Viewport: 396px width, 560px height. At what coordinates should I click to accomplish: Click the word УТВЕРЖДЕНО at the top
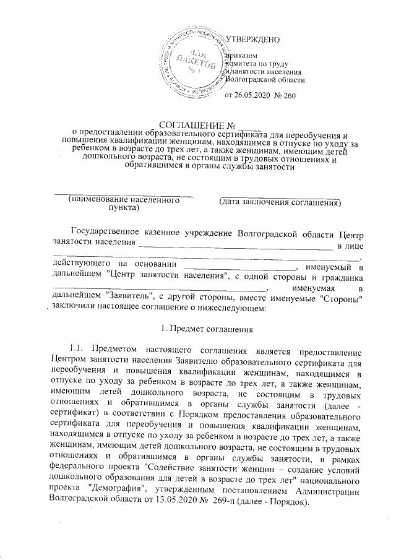pyautogui.click(x=254, y=40)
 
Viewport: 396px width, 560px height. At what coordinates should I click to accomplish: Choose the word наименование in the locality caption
pyautogui.click(x=105, y=201)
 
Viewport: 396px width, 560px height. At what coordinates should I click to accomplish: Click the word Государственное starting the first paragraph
pyautogui.click(x=113, y=233)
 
